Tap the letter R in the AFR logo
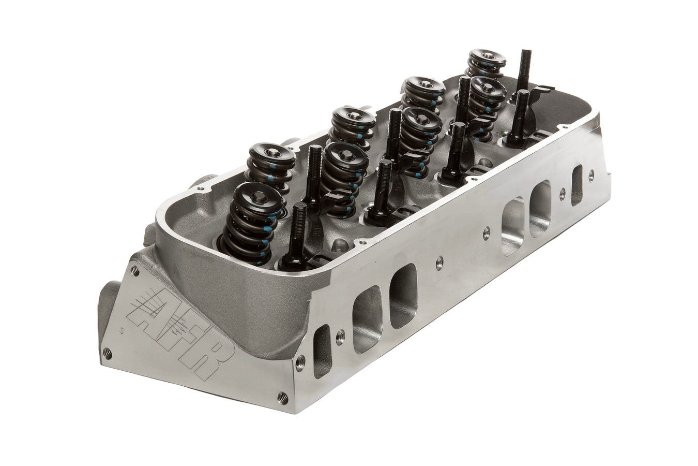click(x=203, y=359)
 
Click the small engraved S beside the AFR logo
click(x=120, y=328)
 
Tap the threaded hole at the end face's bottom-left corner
click(x=108, y=353)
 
